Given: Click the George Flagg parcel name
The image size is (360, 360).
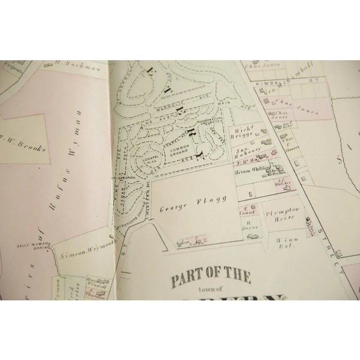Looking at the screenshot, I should tap(185, 198).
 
